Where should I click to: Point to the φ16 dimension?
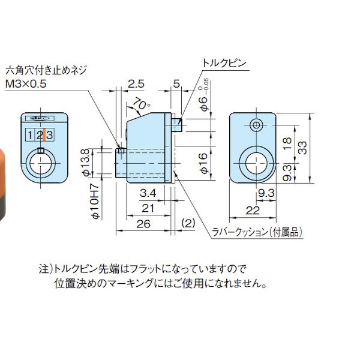203,163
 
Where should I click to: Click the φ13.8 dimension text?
85,163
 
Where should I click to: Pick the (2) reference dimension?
188,223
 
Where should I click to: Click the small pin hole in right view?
257,125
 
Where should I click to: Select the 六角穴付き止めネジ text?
46,70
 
